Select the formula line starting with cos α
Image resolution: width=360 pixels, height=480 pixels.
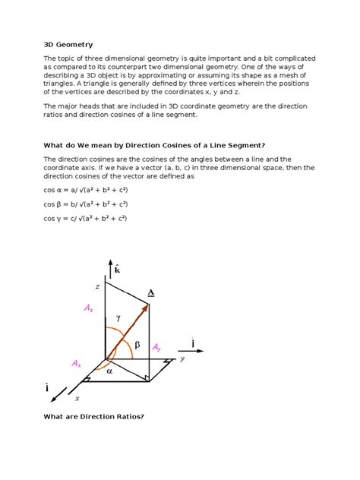click(x=85, y=191)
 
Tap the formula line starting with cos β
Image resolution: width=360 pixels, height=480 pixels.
click(x=85, y=204)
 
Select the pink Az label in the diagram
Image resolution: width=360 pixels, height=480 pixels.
click(x=89, y=309)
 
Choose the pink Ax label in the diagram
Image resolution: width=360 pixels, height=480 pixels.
click(x=76, y=364)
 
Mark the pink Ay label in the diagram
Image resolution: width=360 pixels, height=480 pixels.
click(x=156, y=347)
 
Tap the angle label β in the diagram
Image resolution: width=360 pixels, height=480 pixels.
click(x=137, y=345)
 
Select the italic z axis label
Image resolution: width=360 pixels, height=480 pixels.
click(x=97, y=286)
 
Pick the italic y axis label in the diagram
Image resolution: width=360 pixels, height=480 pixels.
click(x=182, y=359)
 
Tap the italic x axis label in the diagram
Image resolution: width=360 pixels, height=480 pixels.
click(x=77, y=397)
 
